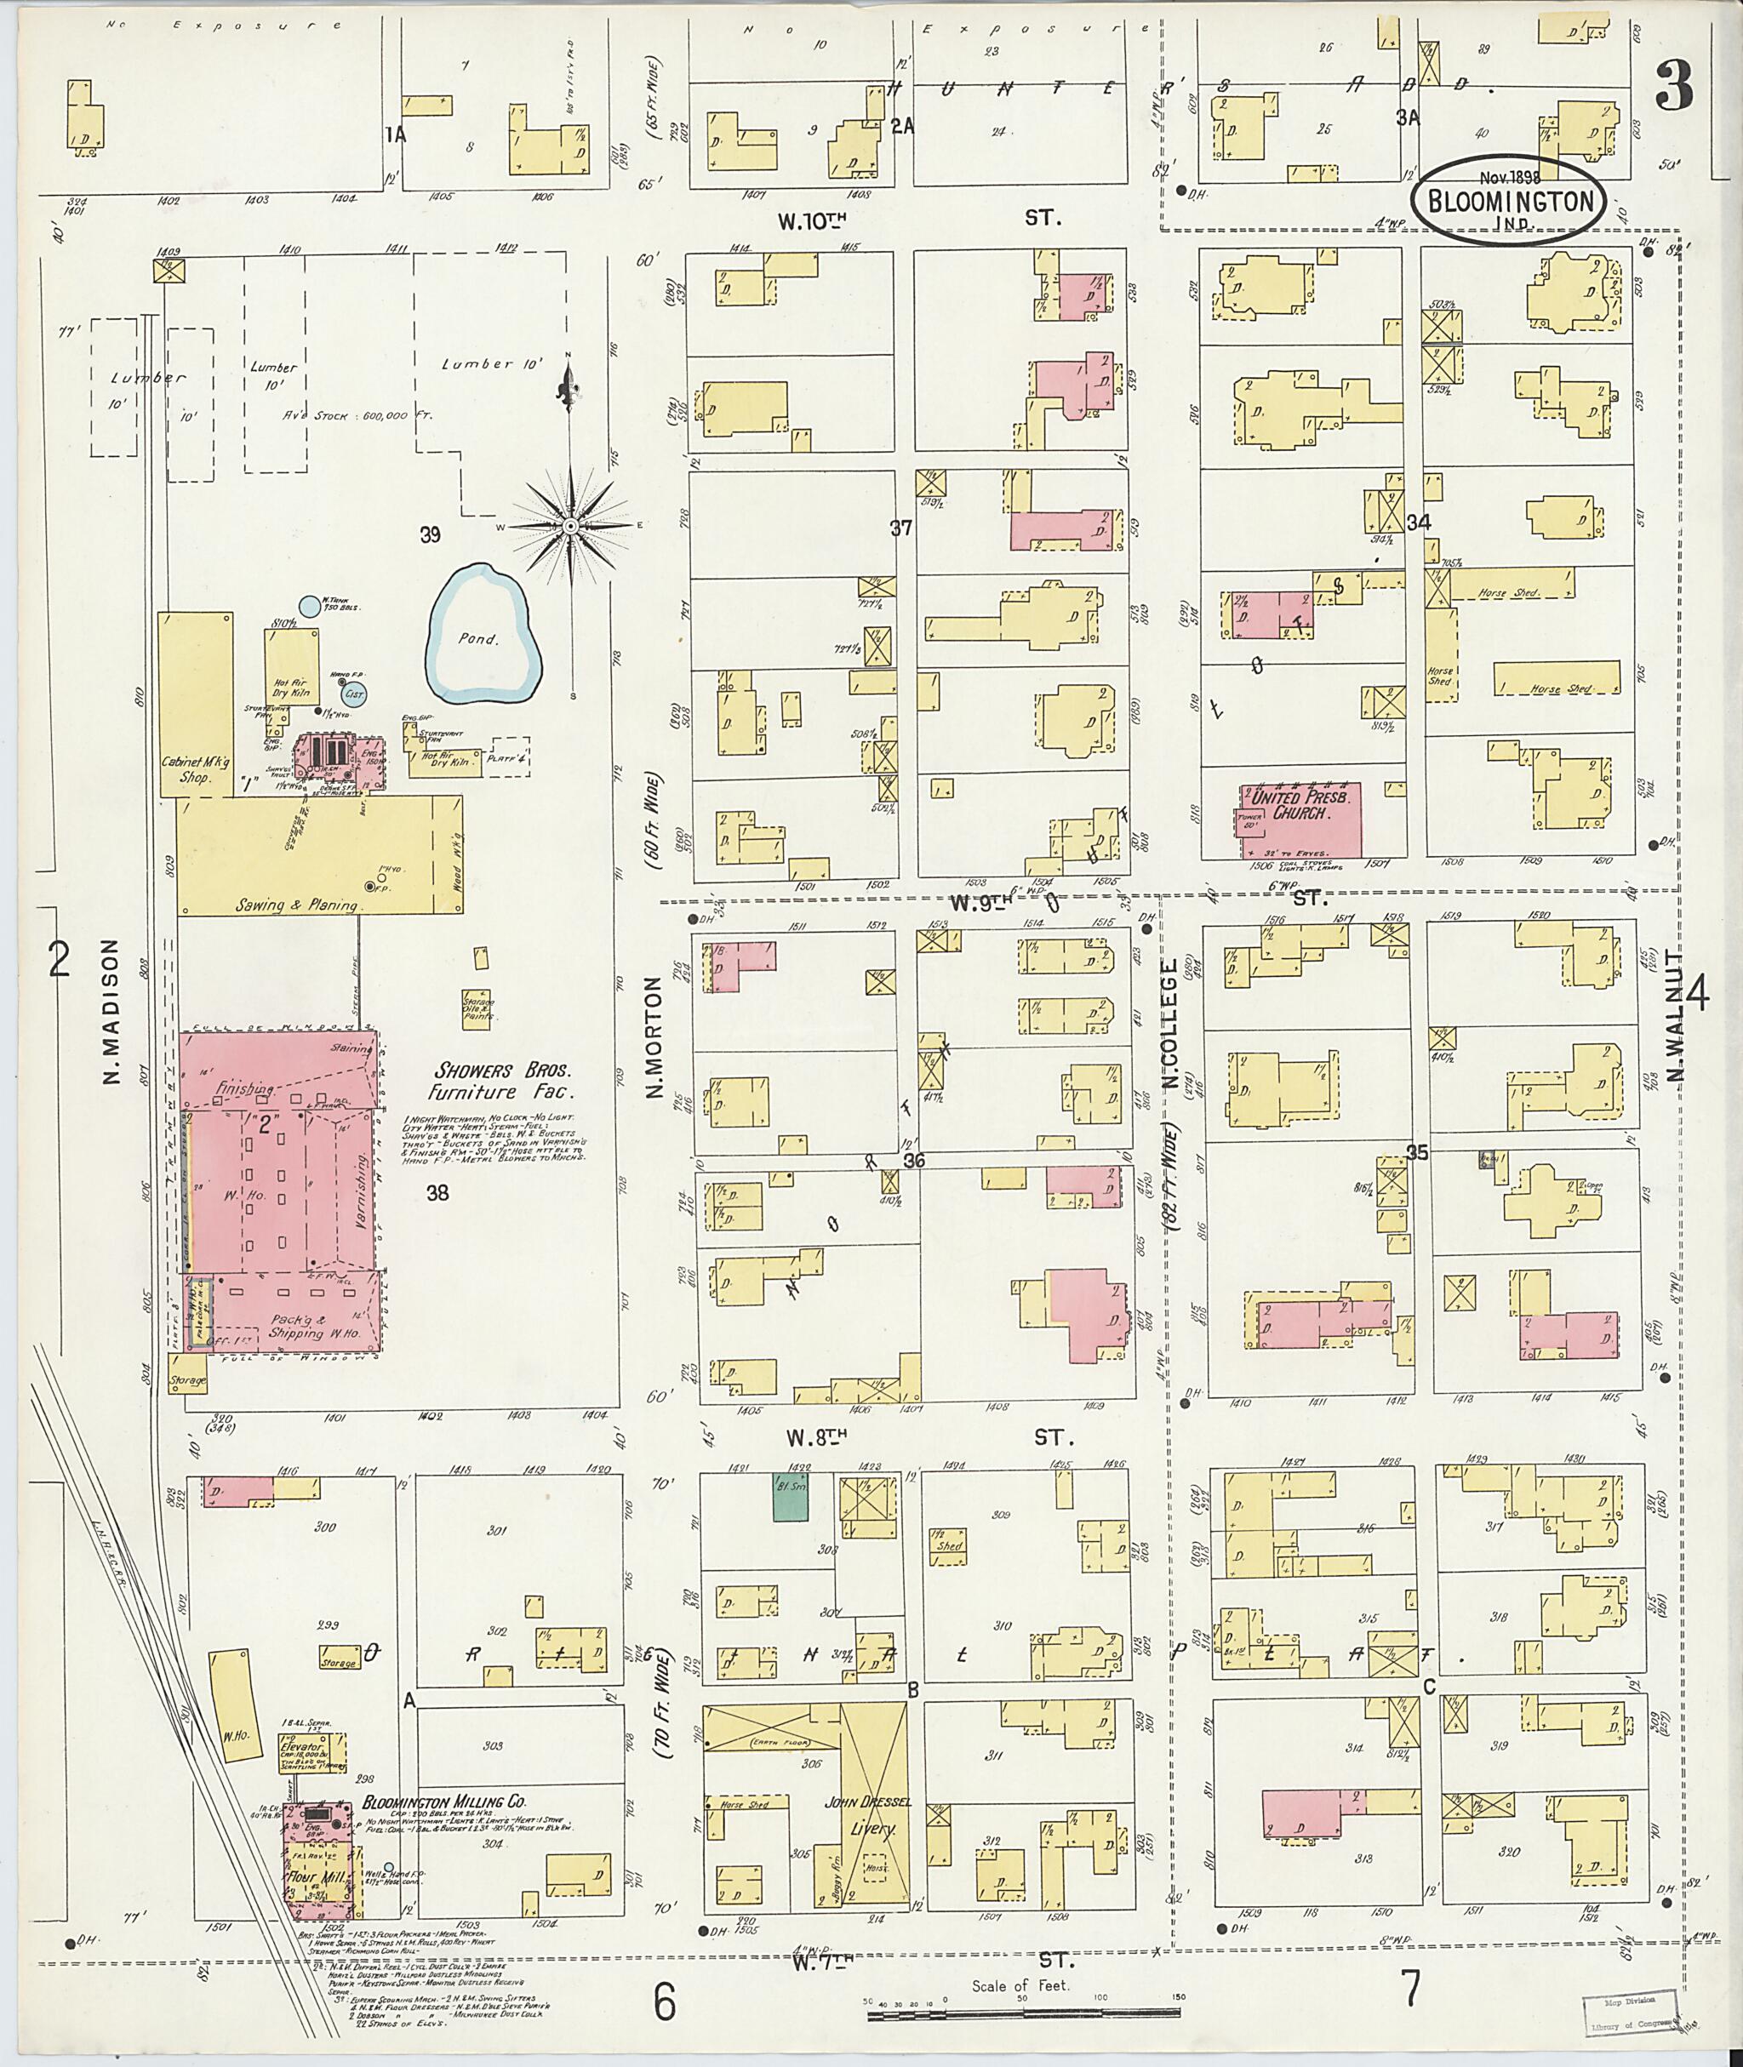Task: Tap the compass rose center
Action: (x=569, y=527)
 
